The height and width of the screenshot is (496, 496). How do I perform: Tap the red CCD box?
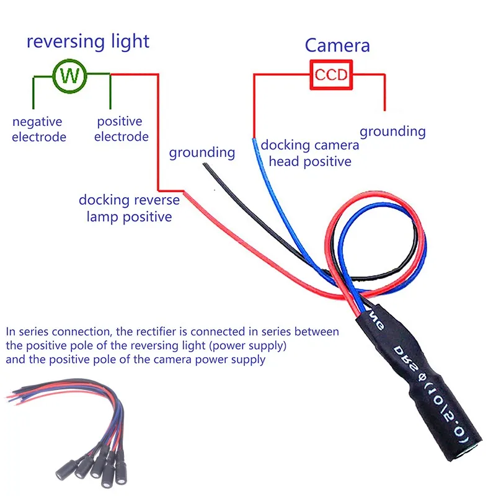pos(332,75)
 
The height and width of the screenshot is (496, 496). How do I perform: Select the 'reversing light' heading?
pos(87,42)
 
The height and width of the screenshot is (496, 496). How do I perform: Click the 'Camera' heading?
pos(337,45)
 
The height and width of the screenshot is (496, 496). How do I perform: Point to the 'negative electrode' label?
pos(38,129)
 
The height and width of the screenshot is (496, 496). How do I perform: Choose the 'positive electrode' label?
pos(122,129)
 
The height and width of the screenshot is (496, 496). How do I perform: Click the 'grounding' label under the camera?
pos(392,131)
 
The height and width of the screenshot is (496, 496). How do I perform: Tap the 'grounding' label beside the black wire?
pos(201,153)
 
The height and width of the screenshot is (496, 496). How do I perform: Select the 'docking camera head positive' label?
pos(309,153)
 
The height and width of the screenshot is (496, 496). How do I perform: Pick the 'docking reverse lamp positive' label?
pos(129,208)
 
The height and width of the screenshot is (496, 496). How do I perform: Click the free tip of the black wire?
pos(205,165)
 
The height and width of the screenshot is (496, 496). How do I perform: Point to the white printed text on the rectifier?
pos(428,378)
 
